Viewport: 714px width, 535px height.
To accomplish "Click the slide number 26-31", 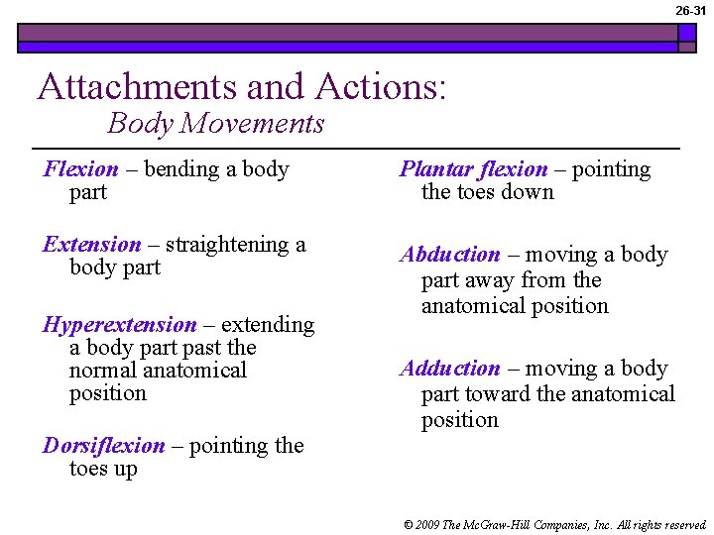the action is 691,10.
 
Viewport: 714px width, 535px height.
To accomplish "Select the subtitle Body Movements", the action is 215,124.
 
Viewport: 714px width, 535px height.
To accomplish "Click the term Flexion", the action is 80,169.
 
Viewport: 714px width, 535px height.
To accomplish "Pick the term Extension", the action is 92,245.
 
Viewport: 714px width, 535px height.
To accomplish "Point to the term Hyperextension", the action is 119,325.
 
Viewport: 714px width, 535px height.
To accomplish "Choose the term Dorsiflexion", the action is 103,446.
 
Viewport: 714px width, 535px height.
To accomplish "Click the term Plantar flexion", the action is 473,169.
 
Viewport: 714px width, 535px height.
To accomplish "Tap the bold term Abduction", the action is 450,255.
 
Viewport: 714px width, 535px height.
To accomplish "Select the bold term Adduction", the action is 450,369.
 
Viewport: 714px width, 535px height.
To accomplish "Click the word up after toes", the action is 124,469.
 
